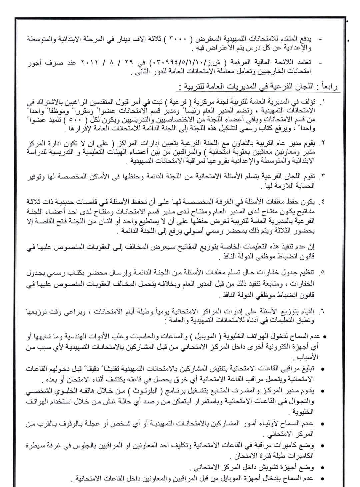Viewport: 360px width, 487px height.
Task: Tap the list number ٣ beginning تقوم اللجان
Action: [x=323, y=176]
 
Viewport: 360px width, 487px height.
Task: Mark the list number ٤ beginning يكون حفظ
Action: [x=323, y=202]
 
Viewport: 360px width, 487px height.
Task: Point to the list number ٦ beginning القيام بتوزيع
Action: [x=323, y=312]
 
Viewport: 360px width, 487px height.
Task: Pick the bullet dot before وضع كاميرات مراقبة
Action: [x=322, y=446]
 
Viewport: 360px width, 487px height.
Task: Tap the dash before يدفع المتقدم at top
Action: [x=320, y=39]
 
